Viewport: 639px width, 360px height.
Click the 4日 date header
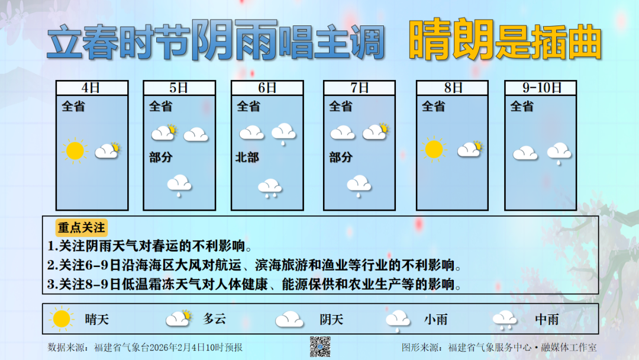tap(92, 88)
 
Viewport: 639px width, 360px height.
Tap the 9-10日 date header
tap(541, 88)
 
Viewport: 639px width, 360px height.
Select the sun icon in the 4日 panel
tap(75, 151)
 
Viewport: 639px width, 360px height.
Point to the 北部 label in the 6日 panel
tap(248, 158)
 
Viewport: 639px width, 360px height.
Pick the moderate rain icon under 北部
tap(270, 187)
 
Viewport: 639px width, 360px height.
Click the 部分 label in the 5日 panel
tap(160, 157)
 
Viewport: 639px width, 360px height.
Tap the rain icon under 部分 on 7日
tap(359, 185)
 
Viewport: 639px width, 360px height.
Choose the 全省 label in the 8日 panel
tap(433, 107)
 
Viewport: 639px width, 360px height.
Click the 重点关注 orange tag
tap(81, 228)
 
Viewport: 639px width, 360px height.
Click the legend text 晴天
tap(97, 320)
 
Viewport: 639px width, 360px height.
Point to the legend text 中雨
tap(547, 320)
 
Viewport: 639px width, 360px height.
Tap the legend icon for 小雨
tap(398, 320)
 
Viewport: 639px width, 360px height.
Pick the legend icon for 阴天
tap(289, 320)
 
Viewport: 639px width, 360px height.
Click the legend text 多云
tap(215, 319)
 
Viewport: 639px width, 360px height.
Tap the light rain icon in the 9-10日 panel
tap(559, 153)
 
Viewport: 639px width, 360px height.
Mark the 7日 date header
tap(359, 88)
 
